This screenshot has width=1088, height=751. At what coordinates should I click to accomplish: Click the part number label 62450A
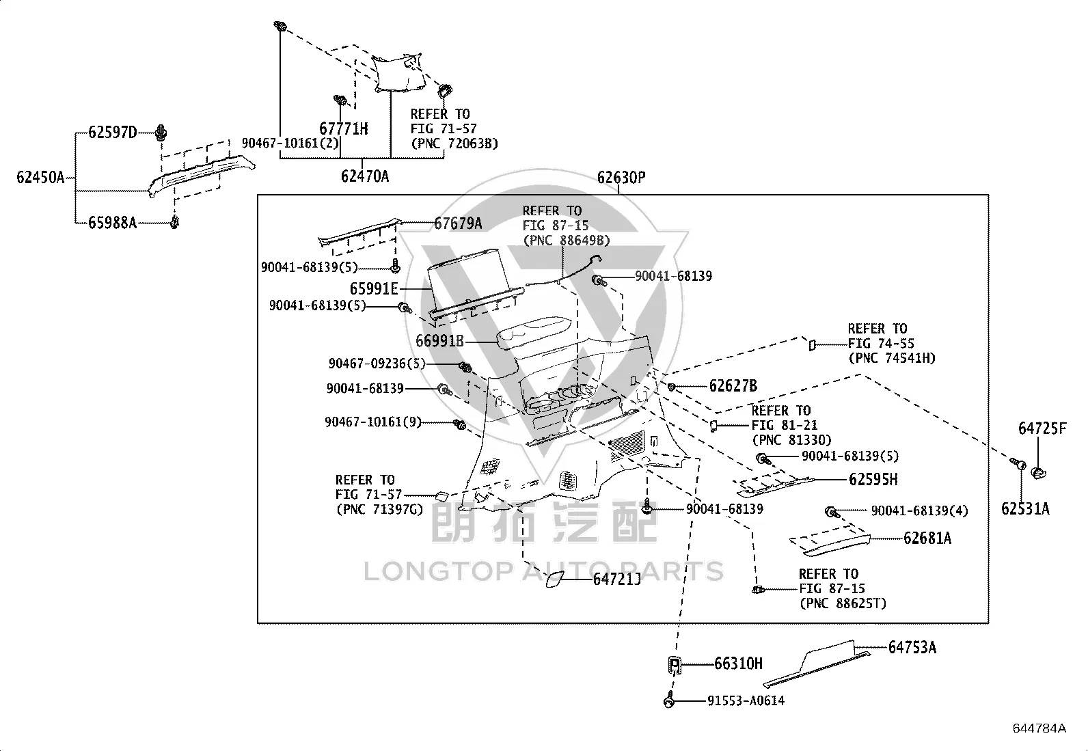coord(40,177)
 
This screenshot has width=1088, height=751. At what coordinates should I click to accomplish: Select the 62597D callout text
coord(113,132)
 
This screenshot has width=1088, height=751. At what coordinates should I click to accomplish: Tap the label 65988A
coord(113,223)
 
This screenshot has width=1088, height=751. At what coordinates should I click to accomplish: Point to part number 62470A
coord(365,176)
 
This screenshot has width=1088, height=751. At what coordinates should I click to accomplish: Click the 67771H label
coord(343,128)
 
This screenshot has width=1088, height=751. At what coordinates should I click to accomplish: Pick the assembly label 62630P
coord(621,177)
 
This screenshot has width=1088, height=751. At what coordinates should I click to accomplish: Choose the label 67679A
coord(458,223)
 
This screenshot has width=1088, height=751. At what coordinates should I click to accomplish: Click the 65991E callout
coord(374,288)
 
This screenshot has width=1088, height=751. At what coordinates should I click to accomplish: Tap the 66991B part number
coord(439,341)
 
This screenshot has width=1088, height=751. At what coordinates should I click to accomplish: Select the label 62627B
coord(733,385)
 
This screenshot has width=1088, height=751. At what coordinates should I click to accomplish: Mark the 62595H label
coord(873,480)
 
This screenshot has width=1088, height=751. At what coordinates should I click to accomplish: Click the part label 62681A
coord(927,538)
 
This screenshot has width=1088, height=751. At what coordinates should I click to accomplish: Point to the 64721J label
coord(617,579)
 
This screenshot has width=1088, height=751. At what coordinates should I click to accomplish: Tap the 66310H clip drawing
coord(675,665)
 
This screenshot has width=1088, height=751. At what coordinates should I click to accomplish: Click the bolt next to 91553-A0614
coord(669,700)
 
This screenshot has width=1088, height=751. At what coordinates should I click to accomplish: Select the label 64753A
coord(912,647)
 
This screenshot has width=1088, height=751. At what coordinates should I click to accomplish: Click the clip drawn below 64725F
coord(1039,473)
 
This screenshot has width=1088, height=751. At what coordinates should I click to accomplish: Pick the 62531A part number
coord(1025,508)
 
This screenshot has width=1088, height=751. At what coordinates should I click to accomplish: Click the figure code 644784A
coord(1039,728)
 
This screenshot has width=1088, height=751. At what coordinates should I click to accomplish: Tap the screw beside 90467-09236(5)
coord(465,367)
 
